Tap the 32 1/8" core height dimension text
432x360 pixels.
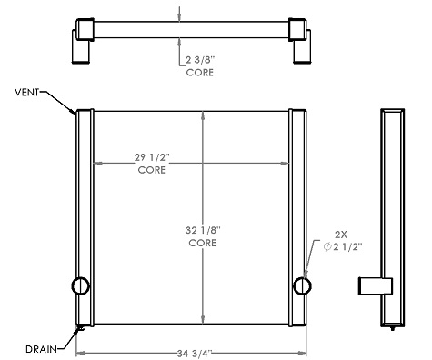201,231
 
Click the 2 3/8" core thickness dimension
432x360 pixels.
199,60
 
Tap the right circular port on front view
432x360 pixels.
301,286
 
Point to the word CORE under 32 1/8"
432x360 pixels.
201,244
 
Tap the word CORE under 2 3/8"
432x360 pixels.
199,72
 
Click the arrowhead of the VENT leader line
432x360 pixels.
75,115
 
